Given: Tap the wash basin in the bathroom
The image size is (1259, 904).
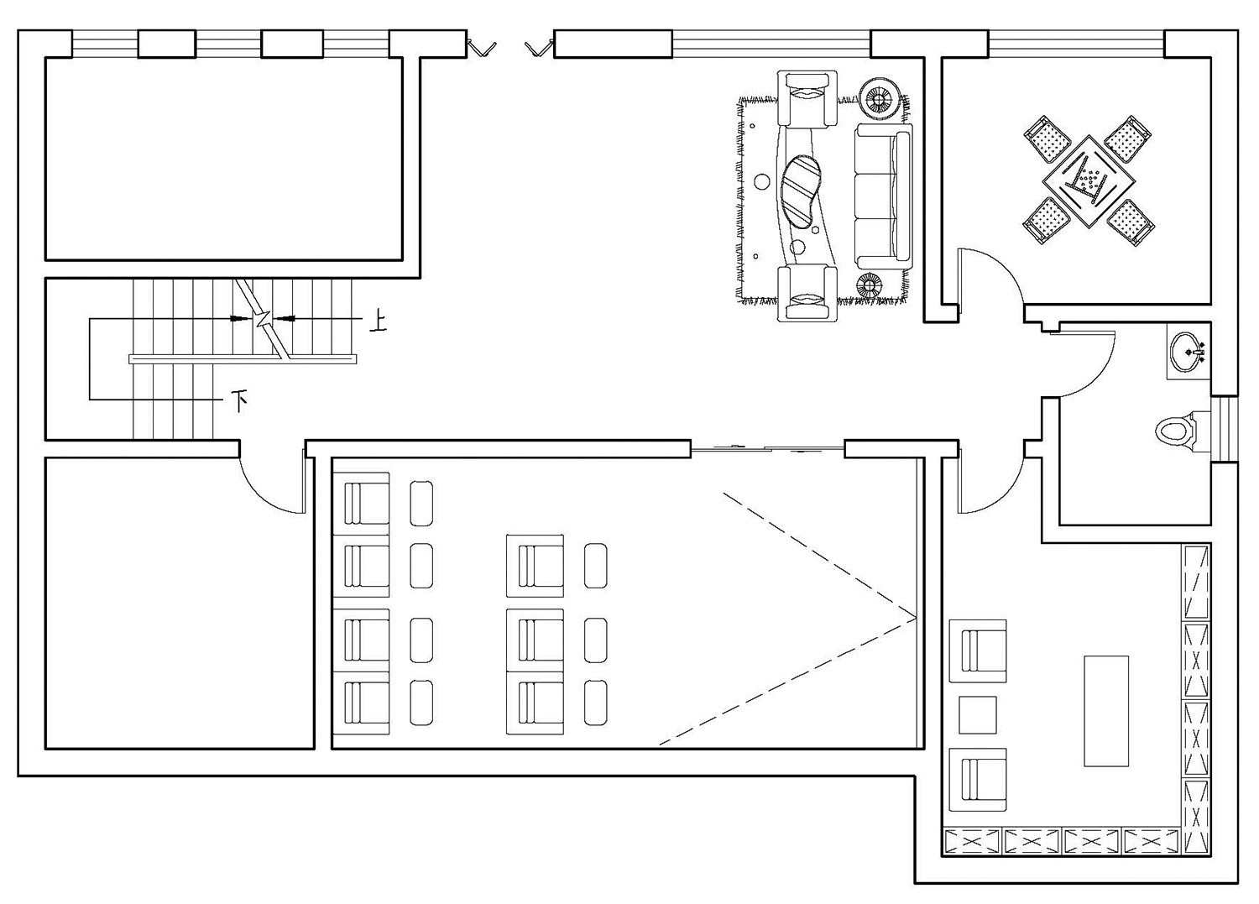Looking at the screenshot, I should coord(1188,350).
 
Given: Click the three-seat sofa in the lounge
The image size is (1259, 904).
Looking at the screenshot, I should coord(883,196).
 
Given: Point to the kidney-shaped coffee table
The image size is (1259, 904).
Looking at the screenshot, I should coord(802,191).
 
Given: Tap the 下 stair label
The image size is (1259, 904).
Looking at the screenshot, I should coord(241,400).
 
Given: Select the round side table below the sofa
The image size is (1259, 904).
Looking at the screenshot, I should coord(870,285).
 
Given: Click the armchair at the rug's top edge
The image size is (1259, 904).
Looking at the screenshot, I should coord(809,98).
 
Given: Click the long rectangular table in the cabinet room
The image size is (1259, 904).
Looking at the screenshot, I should coord(1106,710).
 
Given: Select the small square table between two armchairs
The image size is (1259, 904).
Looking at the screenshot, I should coord(978,714).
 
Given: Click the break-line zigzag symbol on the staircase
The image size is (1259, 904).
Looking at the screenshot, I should coord(263,319).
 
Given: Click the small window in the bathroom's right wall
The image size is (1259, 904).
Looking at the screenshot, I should coord(1224,428).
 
